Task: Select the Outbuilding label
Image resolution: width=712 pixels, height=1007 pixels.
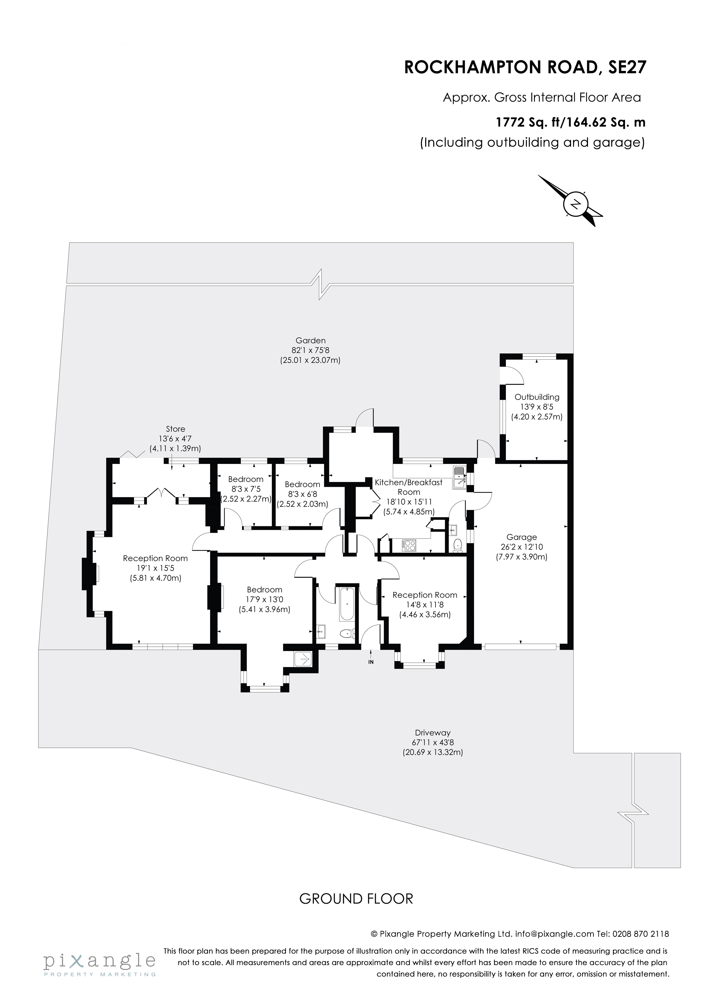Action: pyautogui.click(x=537, y=397)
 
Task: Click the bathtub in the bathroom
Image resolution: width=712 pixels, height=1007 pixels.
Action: pyautogui.click(x=346, y=604)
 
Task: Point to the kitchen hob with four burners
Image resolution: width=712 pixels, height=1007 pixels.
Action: pyautogui.click(x=409, y=546)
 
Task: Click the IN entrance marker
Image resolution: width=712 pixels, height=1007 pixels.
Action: pyautogui.click(x=371, y=662)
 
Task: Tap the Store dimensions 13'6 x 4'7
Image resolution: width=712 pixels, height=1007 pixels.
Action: pyautogui.click(x=175, y=439)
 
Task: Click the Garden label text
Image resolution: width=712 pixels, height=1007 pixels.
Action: pyautogui.click(x=310, y=340)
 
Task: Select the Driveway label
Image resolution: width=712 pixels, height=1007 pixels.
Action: pyautogui.click(x=433, y=733)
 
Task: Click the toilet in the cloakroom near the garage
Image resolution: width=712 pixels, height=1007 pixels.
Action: pyautogui.click(x=458, y=545)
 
